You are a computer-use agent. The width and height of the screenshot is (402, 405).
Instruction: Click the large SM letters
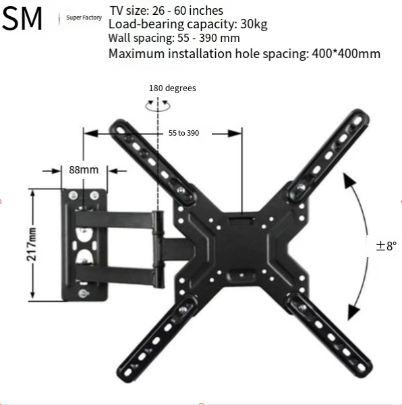tap(22, 20)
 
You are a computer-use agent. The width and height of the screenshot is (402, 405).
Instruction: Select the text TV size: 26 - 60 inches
tap(166, 10)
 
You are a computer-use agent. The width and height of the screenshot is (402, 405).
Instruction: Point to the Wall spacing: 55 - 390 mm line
tap(174, 38)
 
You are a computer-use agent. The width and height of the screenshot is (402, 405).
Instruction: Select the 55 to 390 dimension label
tap(183, 134)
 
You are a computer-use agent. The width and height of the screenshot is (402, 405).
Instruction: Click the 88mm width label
tap(84, 169)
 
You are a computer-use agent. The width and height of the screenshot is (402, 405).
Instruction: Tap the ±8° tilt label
tap(386, 246)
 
